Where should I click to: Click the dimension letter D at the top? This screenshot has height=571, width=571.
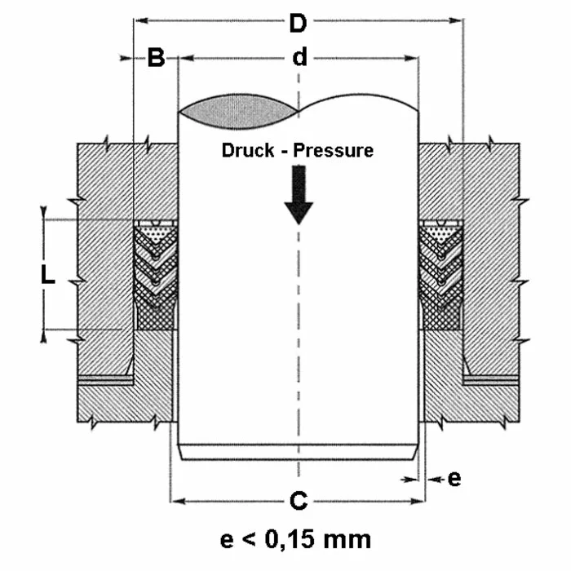[x=299, y=24]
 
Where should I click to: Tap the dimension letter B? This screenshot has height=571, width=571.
[x=156, y=58]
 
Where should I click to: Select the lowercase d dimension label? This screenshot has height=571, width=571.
[x=299, y=58]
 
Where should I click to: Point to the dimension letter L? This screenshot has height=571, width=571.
[x=48, y=277]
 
